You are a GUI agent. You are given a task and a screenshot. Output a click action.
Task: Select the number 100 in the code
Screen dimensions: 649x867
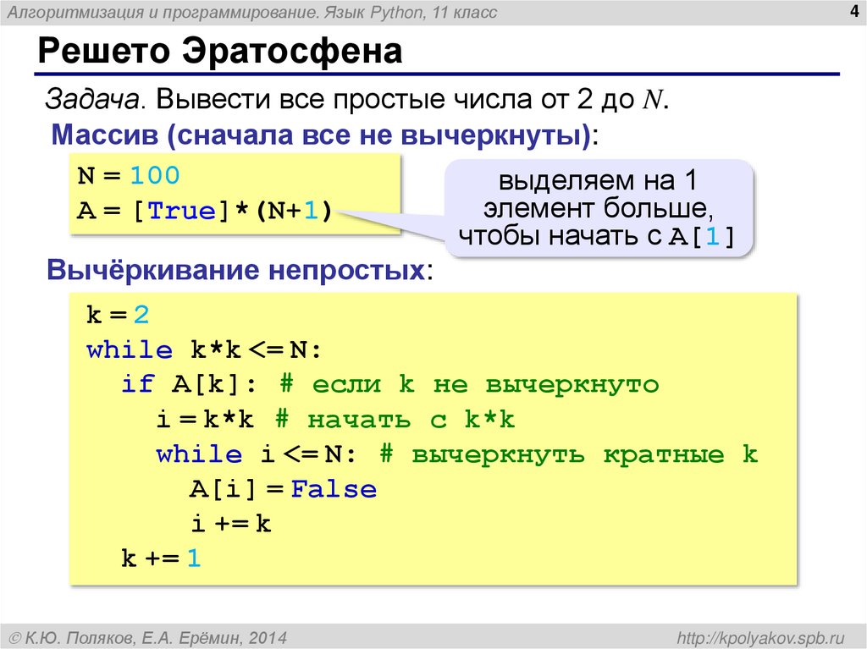coord(155,175)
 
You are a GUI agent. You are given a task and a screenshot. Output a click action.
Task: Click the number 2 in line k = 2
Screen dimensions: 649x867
coord(141,316)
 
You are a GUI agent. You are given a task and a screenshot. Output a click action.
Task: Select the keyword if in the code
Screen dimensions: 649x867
coord(137,385)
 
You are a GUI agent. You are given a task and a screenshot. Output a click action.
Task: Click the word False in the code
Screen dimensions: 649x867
coord(334,489)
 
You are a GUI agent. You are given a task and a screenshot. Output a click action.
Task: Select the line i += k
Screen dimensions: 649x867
coord(230,524)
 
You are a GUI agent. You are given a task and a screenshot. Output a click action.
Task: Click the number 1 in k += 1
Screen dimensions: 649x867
coord(194,558)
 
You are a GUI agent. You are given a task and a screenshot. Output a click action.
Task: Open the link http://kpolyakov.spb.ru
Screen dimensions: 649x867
coord(755,636)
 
